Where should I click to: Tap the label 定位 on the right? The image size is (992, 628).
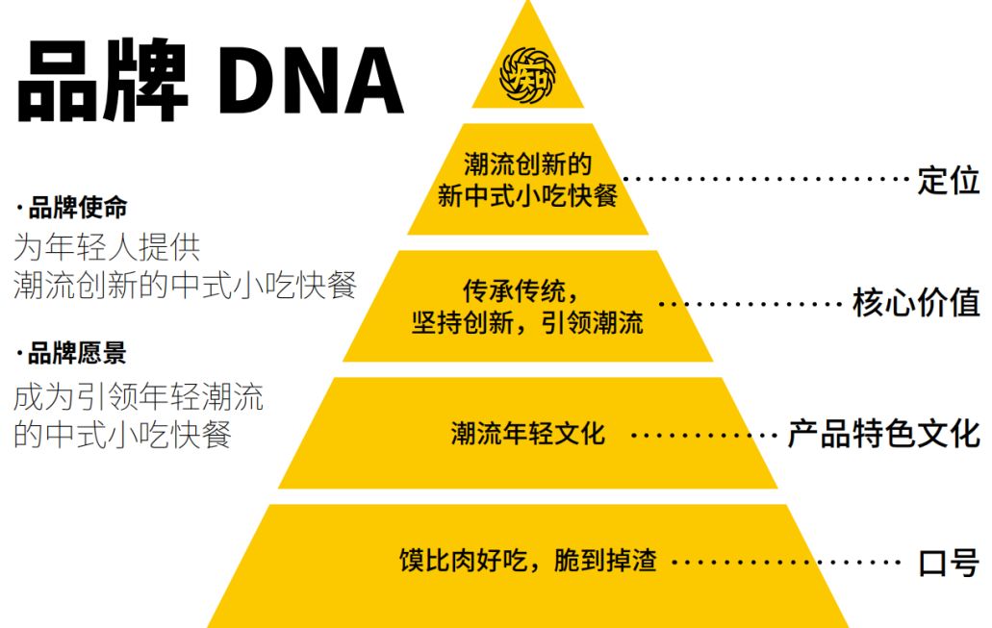point(948,180)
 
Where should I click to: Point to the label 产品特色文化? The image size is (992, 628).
point(883,433)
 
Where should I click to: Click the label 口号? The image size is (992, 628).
point(949,562)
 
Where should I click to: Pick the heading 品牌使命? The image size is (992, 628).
point(77,208)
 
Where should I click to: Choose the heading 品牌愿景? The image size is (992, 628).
point(77,354)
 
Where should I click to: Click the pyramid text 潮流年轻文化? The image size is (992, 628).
point(527,434)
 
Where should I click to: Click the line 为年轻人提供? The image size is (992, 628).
point(107,248)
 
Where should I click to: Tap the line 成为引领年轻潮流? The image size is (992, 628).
point(139,396)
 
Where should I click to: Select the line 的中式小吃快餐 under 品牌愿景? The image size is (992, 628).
point(122,434)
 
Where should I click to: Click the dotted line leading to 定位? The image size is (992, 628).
point(765,179)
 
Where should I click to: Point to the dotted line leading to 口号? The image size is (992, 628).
point(784,562)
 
